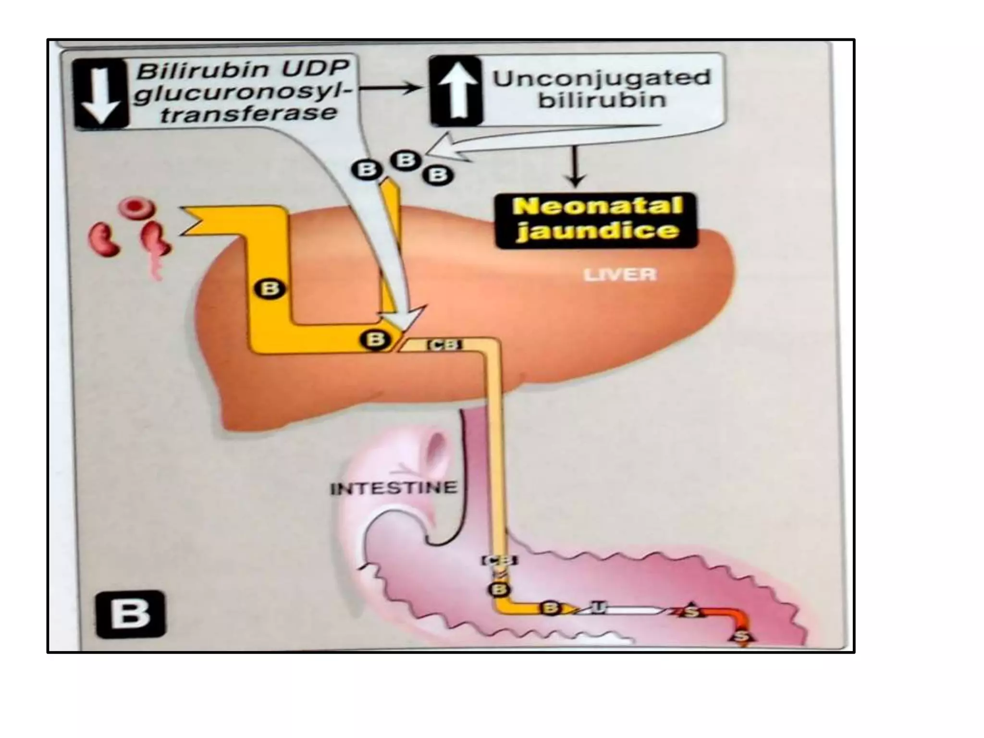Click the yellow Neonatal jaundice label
tap(596, 220)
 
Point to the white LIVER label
tap(619, 275)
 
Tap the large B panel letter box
tap(130, 615)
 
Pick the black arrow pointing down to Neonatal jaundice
tap(575, 166)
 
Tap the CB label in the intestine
tap(500, 560)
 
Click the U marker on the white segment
tap(597, 609)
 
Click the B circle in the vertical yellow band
tap(270, 289)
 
